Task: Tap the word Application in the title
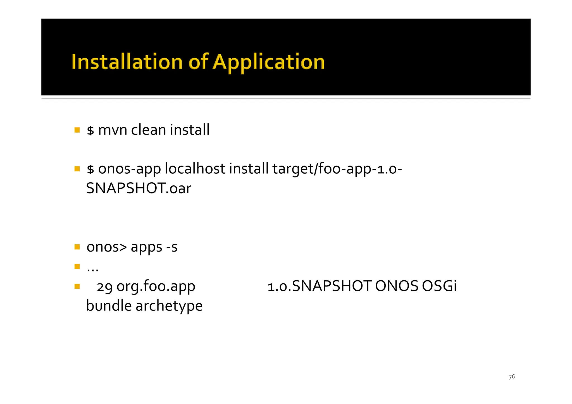pos(268,62)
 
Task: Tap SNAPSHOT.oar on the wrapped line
pos(139,188)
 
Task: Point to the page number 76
pos(512,377)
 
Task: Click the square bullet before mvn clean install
pos(77,130)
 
